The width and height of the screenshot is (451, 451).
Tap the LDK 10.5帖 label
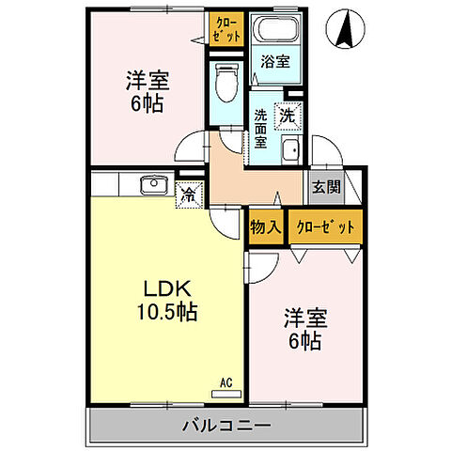[x=168, y=300]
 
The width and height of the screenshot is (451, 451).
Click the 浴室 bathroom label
[x=275, y=61]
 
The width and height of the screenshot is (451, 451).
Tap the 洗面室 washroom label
[x=262, y=129]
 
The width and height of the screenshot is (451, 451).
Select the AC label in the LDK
[x=225, y=381]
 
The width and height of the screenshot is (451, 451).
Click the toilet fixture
[x=225, y=84]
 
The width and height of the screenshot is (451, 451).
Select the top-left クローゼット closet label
[x=226, y=29]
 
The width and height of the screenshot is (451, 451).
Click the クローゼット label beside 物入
[x=325, y=226]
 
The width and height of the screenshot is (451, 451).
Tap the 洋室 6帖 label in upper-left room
[x=147, y=90]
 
